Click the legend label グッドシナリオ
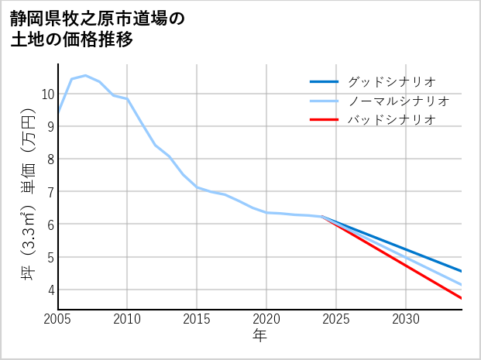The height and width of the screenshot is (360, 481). pos(391,81)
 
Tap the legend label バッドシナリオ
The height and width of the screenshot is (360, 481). pos(391,120)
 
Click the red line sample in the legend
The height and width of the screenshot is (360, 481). pos(325,120)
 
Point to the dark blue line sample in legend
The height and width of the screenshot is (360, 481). pos(325,81)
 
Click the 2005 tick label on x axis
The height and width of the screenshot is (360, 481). pos(58,319)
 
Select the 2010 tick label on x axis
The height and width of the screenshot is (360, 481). pos(127,319)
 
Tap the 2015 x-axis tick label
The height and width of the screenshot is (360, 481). pos(197,319)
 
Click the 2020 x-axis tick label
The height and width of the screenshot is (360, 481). pos(266,319)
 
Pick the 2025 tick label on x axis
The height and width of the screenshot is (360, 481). pos(336,319)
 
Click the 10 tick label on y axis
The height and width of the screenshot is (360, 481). pos(47,94)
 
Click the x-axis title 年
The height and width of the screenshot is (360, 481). pos(259,335)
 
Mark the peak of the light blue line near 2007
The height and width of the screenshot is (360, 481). pos(85,75)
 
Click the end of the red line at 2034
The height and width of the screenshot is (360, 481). pos(462,298)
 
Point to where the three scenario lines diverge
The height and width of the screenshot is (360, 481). pos(322,217)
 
